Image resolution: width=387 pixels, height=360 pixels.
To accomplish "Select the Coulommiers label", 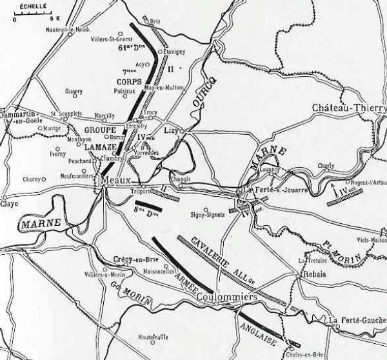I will (226, 297).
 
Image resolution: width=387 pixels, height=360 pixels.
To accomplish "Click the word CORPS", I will (129, 82).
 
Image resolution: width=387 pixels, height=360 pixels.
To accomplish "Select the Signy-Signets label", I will (206, 216).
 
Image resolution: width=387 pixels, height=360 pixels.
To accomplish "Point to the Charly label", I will (326, 165).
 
